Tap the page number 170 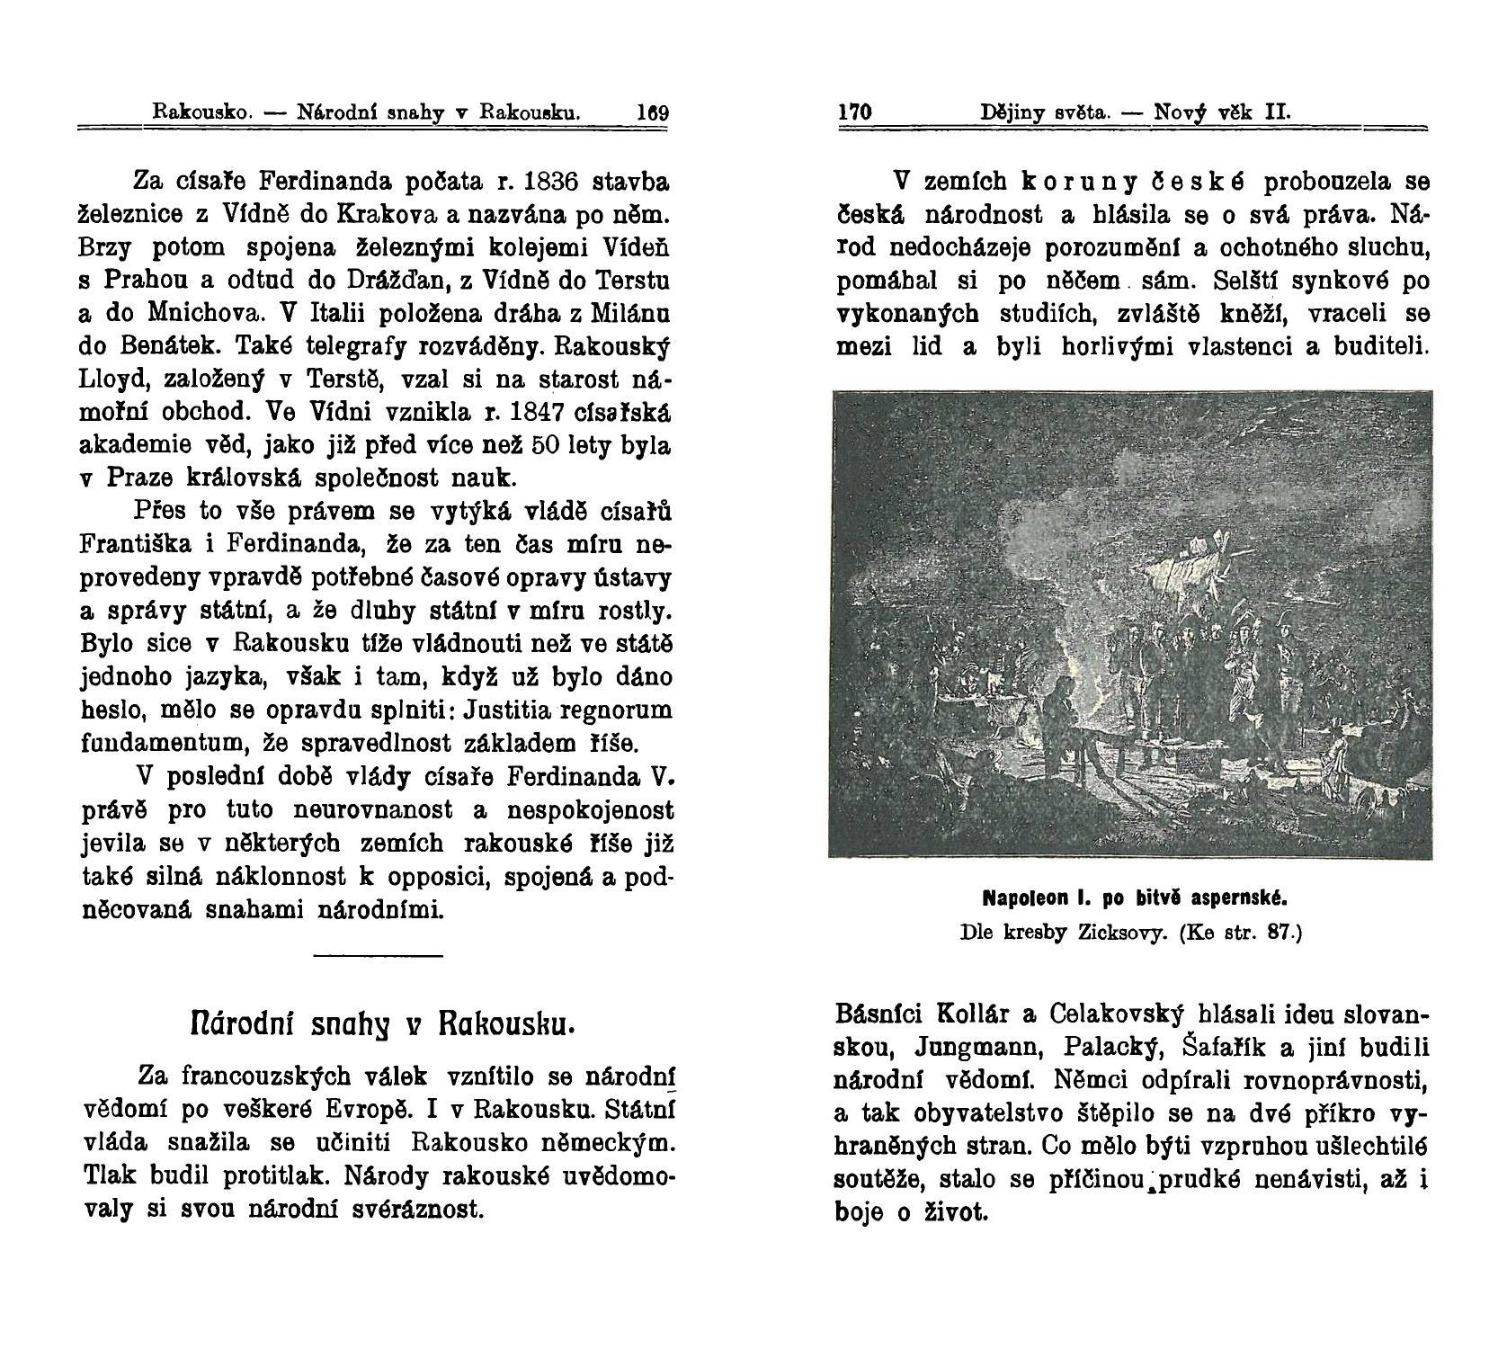[855, 114]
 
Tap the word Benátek [175, 347]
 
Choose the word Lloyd [107, 380]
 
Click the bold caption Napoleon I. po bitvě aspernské [1137, 898]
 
